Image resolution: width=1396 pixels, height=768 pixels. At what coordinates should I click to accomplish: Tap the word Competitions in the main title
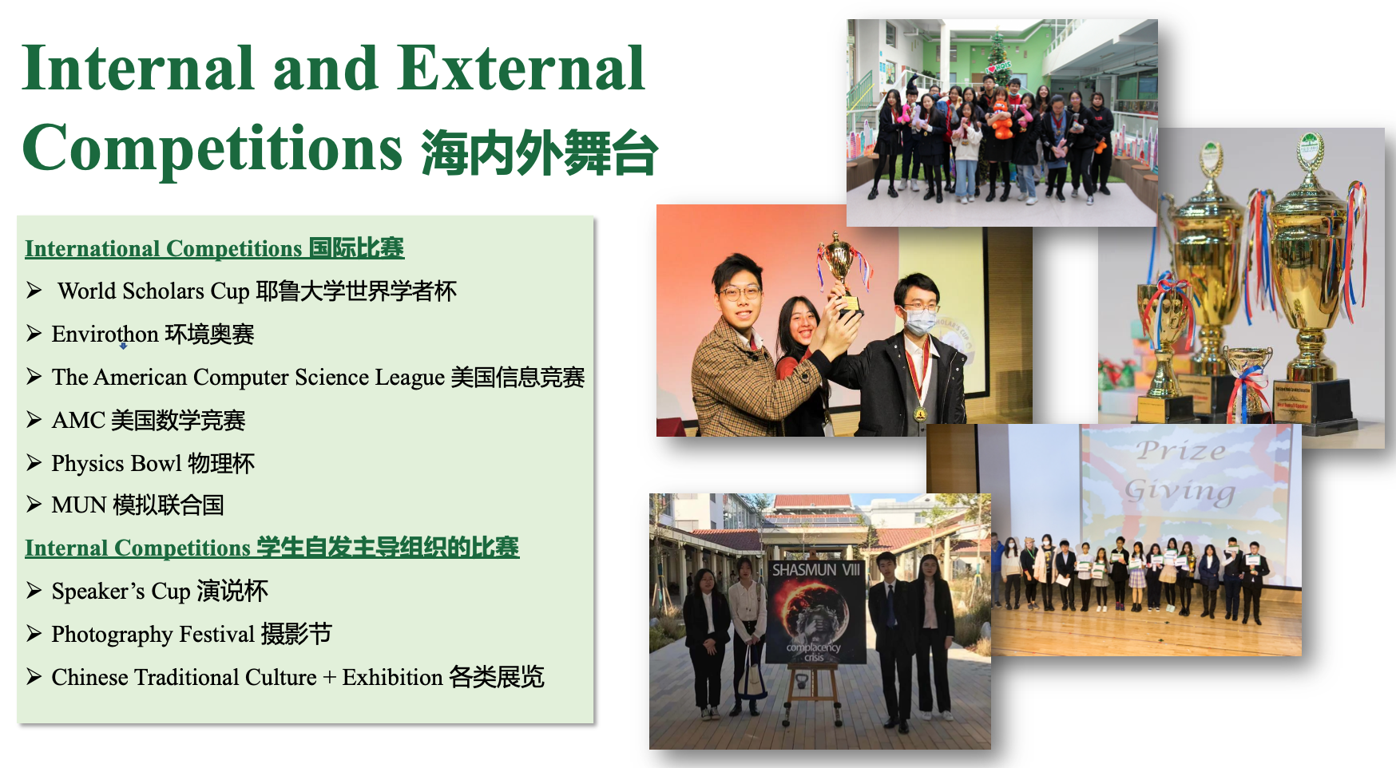[x=212, y=149]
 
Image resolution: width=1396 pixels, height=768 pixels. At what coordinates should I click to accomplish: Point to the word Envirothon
[x=105, y=334]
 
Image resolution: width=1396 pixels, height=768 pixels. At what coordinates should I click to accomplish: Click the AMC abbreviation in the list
[x=78, y=420]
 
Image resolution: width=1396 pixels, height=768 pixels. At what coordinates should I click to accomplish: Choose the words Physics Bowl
[x=117, y=464]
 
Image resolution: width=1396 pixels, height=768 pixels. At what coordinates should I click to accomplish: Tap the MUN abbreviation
[x=79, y=505]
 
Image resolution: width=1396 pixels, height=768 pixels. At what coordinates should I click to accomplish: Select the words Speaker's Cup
[x=121, y=592]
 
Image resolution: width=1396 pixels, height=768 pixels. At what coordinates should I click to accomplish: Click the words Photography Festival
[x=153, y=635]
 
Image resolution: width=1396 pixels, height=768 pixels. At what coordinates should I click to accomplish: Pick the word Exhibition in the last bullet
[x=392, y=677]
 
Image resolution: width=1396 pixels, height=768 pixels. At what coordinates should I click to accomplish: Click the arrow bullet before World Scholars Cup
[x=34, y=290]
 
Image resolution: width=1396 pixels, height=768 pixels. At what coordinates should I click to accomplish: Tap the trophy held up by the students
[x=843, y=271]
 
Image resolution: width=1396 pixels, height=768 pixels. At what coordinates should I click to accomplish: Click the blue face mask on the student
[x=921, y=321]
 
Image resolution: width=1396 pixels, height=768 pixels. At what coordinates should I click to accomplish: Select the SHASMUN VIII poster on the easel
[x=815, y=612]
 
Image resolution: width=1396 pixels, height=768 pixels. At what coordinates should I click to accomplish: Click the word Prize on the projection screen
[x=1181, y=450]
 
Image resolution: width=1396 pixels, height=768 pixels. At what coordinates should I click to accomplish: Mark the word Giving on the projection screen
[x=1180, y=489]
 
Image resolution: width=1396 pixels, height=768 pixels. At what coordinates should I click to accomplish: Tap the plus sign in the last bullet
[x=330, y=678]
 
